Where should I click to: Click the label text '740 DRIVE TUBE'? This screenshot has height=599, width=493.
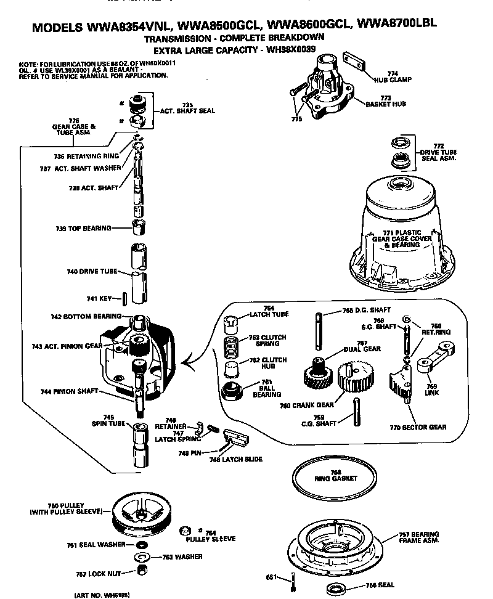(x=92, y=271)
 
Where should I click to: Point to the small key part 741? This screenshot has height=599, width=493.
(x=125, y=298)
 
